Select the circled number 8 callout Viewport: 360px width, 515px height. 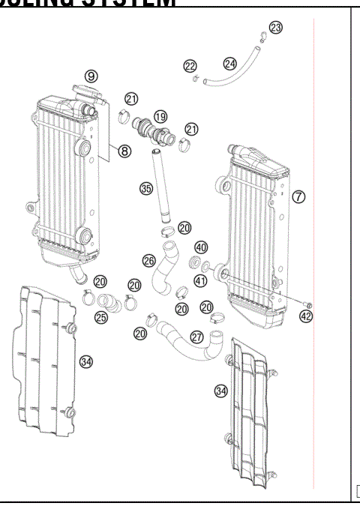[x=124, y=150]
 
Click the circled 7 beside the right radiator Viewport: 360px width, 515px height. [x=298, y=196]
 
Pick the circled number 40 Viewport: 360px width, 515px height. [x=201, y=247]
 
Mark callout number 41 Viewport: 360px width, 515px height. [x=201, y=281]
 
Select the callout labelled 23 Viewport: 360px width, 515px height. [x=276, y=28]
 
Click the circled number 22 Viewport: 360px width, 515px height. [x=190, y=66]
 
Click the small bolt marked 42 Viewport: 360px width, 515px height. [x=307, y=303]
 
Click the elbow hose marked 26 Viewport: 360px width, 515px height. [x=165, y=270]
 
